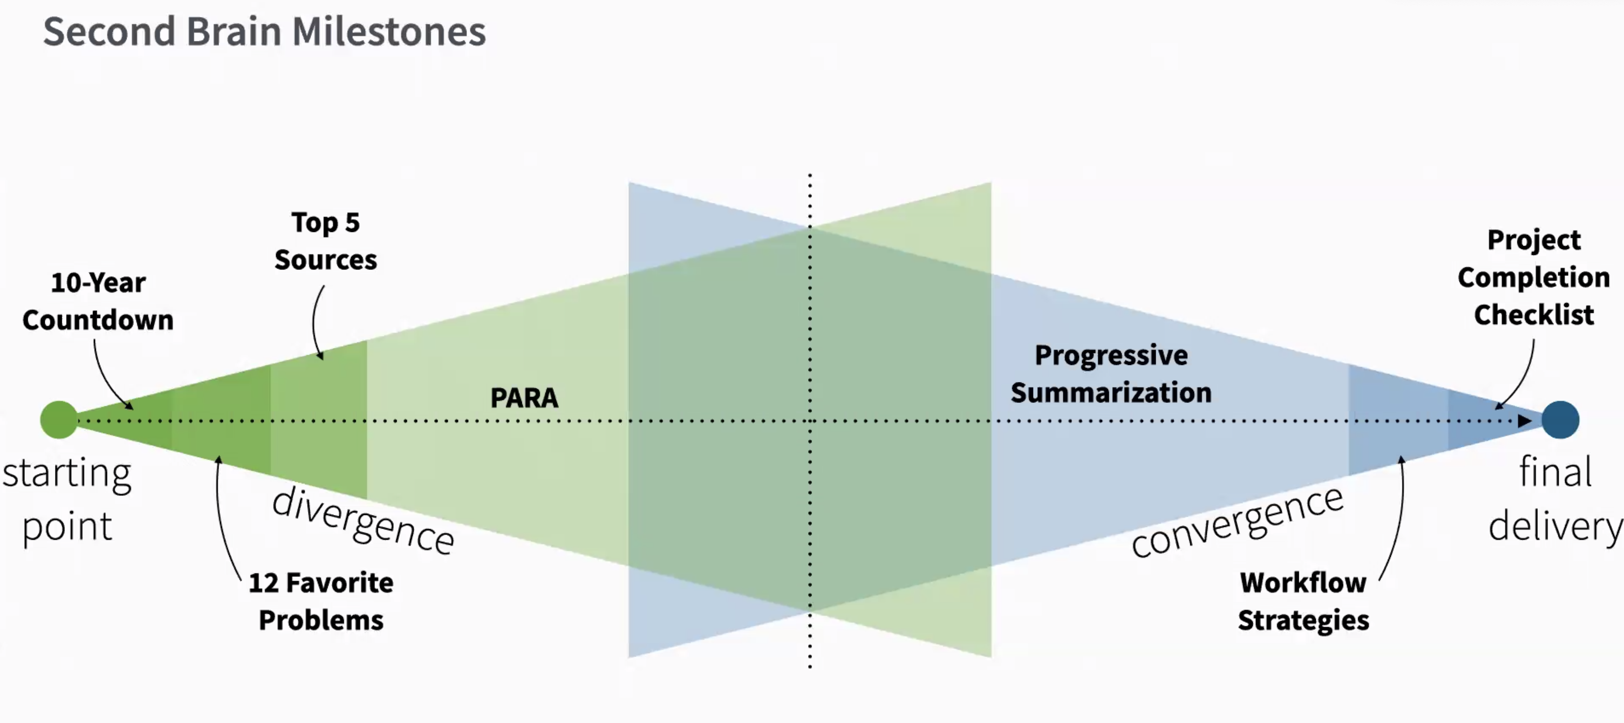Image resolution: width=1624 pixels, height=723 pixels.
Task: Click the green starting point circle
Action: tap(58, 419)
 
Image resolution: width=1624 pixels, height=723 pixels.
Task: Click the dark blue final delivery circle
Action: tap(1560, 419)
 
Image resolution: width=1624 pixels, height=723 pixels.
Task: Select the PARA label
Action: tap(524, 398)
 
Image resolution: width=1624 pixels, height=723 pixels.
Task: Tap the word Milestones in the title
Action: tap(388, 32)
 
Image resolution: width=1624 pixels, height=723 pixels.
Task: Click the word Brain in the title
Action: tap(233, 32)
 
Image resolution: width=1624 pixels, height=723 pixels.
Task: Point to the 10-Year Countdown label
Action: tap(98, 302)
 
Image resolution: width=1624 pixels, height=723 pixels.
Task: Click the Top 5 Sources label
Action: tap(325, 242)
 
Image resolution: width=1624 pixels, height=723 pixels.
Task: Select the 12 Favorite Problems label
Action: tap(321, 601)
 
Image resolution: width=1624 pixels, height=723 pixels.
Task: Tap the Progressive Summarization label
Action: tap(1111, 374)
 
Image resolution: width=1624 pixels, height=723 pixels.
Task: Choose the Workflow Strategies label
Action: tap(1303, 601)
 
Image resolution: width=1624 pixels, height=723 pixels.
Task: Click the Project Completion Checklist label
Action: tap(1533, 278)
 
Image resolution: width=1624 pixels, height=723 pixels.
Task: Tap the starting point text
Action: tap(67, 499)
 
